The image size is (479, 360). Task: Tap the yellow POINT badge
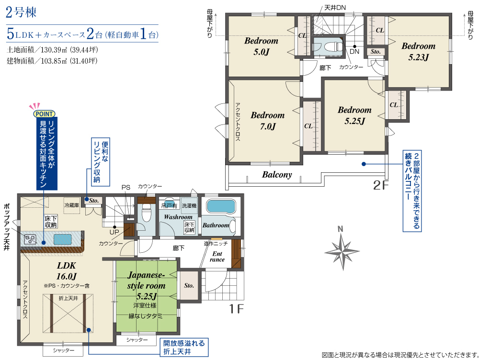click(x=44, y=114)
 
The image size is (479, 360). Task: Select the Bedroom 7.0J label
click(x=268, y=121)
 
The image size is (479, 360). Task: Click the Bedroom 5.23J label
click(x=418, y=51)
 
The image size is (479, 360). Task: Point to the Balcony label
click(x=277, y=175)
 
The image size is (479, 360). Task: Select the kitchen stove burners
click(x=30, y=239)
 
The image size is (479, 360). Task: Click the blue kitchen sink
click(x=63, y=239)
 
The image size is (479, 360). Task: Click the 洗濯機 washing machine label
click(x=189, y=205)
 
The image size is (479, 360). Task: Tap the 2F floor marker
click(x=380, y=185)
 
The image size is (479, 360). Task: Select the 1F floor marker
click(x=237, y=309)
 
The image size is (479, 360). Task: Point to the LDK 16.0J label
click(x=66, y=271)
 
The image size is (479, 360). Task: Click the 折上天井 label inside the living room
click(x=68, y=298)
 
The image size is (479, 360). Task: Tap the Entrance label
click(x=217, y=257)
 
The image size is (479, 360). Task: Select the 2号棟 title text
click(x=21, y=12)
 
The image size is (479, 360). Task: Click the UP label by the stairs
click(x=114, y=232)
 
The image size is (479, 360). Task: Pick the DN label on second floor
click(x=354, y=51)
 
